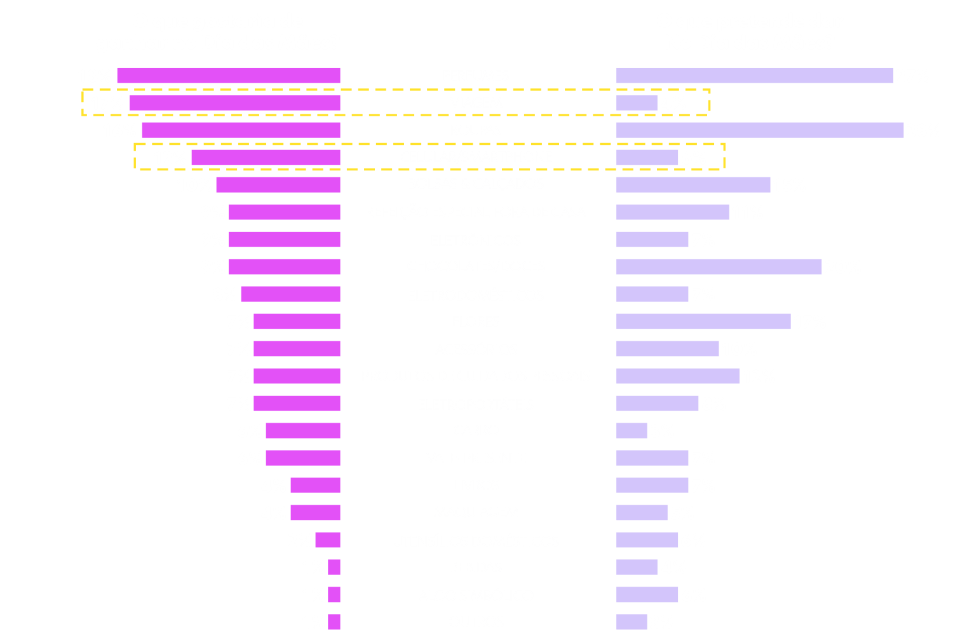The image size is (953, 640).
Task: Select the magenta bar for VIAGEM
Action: click(x=235, y=103)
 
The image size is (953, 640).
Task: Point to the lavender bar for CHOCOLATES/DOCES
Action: click(x=719, y=267)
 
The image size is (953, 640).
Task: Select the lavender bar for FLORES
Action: click(x=703, y=322)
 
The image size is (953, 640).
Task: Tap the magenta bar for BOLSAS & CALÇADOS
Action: click(x=278, y=185)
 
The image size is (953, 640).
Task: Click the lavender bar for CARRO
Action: click(x=632, y=431)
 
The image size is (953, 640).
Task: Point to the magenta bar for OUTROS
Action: click(x=334, y=622)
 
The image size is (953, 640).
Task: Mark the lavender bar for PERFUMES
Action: click(x=754, y=76)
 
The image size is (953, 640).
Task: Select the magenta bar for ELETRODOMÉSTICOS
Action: click(x=290, y=294)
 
